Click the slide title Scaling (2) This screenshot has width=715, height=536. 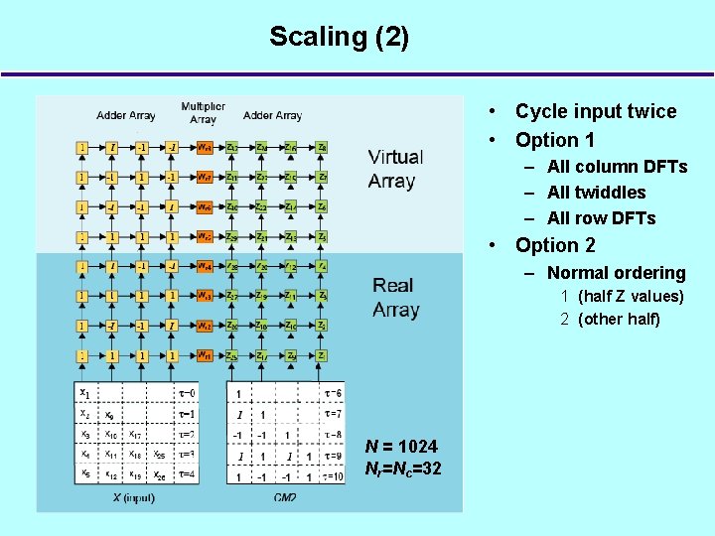[x=339, y=38]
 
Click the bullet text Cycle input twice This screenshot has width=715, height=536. [x=595, y=112]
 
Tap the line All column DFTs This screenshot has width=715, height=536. [x=617, y=167]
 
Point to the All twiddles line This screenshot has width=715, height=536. [x=596, y=193]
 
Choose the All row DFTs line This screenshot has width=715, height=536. [x=601, y=218]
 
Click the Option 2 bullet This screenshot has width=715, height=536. [x=555, y=245]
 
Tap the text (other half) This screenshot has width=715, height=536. [x=618, y=319]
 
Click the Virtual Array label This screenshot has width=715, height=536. [x=395, y=169]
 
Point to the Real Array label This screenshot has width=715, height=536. [x=395, y=298]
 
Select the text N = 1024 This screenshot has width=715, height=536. [x=401, y=446]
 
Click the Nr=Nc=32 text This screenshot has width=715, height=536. [x=403, y=469]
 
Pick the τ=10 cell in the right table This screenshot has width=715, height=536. [x=333, y=476]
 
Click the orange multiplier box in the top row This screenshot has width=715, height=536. [x=203, y=148]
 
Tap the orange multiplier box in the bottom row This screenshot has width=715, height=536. [x=203, y=355]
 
